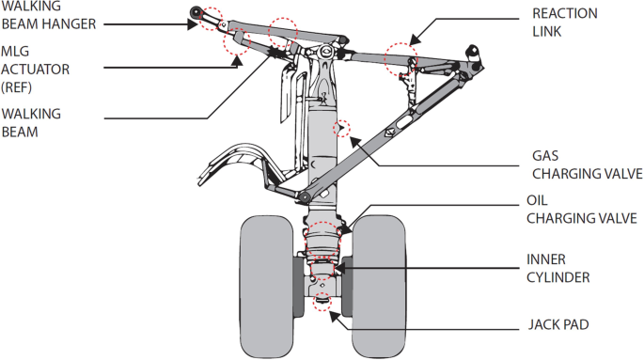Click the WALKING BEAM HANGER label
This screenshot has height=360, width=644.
click(x=49, y=15)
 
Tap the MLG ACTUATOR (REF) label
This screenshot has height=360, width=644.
click(x=36, y=70)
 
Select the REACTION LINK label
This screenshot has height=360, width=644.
click(x=565, y=23)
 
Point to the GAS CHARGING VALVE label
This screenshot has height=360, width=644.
click(x=588, y=164)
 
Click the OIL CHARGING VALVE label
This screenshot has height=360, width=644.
click(x=582, y=210)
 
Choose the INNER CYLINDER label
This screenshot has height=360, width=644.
click(x=558, y=269)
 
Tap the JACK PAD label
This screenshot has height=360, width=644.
click(x=558, y=324)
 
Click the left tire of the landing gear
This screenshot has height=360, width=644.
click(x=267, y=287)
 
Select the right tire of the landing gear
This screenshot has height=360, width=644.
click(x=380, y=286)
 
